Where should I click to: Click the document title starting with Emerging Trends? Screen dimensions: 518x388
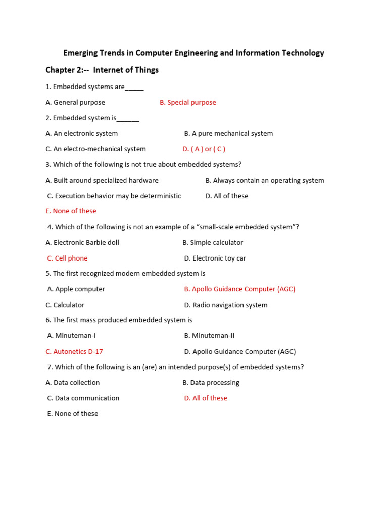pyautogui.click(x=193, y=53)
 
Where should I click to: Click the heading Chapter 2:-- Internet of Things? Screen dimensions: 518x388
pyautogui.click(x=102, y=70)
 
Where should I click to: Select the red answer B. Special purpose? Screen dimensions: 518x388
pyautogui.click(x=187, y=102)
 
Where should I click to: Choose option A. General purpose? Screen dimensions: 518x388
pyautogui.click(x=75, y=102)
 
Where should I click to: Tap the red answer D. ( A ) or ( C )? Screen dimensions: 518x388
pyautogui.click(x=204, y=149)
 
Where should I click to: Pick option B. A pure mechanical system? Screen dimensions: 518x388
pyautogui.click(x=228, y=133)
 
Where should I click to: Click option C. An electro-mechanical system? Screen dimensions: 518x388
pyautogui.click(x=95, y=149)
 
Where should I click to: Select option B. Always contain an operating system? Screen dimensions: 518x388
pyautogui.click(x=265, y=180)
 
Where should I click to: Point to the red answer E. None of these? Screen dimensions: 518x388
pyautogui.click(x=71, y=211)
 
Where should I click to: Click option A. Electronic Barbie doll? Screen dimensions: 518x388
pyautogui.click(x=82, y=242)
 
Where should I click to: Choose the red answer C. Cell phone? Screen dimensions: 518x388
pyautogui.click(x=67, y=258)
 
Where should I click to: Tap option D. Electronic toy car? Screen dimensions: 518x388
pyautogui.click(x=215, y=258)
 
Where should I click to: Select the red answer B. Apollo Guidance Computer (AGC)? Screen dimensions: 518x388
pyautogui.click(x=239, y=289)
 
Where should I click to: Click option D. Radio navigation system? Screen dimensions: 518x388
pyautogui.click(x=226, y=305)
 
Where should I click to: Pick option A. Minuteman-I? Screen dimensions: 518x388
pyautogui.click(x=71, y=335)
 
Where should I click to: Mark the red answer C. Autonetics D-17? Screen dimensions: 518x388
pyautogui.click(x=74, y=351)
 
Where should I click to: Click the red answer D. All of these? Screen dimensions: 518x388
pyautogui.click(x=206, y=398)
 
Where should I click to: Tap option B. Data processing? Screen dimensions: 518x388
pyautogui.click(x=211, y=382)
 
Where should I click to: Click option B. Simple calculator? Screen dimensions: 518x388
pyautogui.click(x=213, y=242)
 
